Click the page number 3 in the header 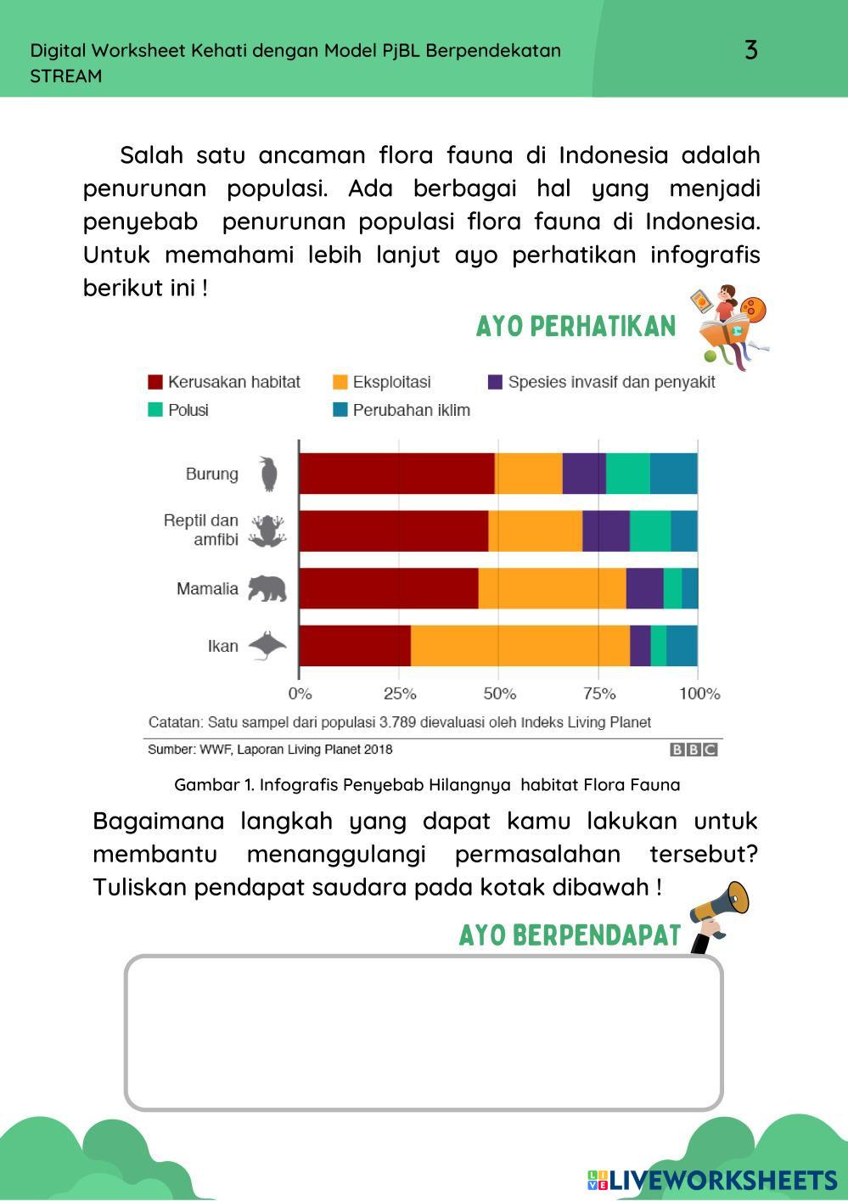(750, 50)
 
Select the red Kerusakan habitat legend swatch (155, 382)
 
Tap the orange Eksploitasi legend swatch (340, 382)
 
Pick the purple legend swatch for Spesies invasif (496, 382)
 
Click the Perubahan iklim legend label (411, 410)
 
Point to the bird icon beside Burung (268, 474)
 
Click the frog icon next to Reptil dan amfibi (267, 531)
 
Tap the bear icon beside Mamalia (267, 588)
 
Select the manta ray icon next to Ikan (267, 646)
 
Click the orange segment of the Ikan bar (520, 646)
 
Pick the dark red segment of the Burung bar (396, 474)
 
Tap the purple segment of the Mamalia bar (644, 588)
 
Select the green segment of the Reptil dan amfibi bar (650, 531)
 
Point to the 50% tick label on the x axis (499, 693)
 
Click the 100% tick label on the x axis (699, 693)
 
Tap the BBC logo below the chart (694, 749)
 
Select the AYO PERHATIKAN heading (576, 326)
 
